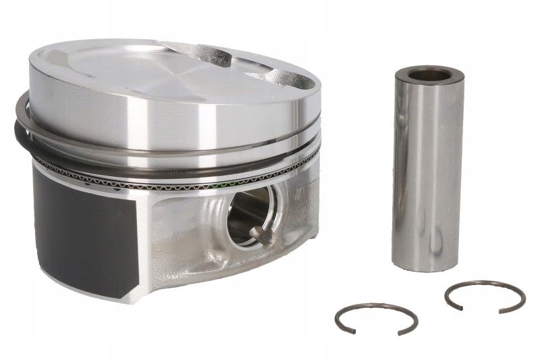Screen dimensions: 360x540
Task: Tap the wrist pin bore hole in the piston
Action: pyautogui.click(x=248, y=214)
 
